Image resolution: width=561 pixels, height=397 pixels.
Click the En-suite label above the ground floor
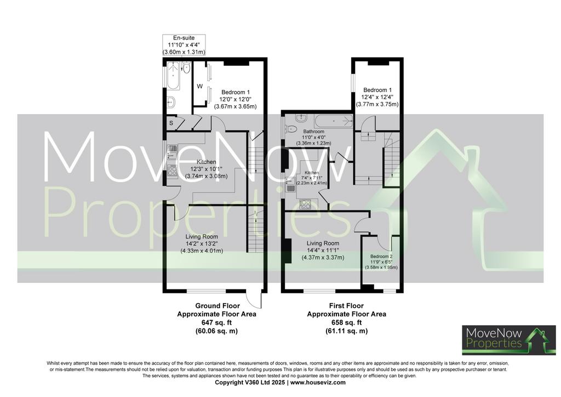(x=184, y=38)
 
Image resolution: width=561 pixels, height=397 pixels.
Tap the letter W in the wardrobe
(x=199, y=86)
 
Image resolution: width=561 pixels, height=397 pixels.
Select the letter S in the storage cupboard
(x=171, y=123)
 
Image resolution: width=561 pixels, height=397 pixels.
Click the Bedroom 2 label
(x=381, y=256)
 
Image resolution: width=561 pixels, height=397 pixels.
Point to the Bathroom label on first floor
(x=314, y=132)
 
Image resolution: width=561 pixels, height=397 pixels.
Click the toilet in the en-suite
(x=186, y=67)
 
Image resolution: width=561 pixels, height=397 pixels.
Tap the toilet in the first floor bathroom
(x=291, y=128)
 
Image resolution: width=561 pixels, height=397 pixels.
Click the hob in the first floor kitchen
(x=305, y=204)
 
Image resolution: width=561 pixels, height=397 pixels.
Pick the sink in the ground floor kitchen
(x=171, y=151)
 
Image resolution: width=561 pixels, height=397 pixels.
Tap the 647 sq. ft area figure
(x=216, y=322)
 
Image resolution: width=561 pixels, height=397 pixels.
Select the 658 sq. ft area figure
(x=346, y=322)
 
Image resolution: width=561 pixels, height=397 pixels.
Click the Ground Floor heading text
(x=217, y=306)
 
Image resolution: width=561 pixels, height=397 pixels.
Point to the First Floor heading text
(x=346, y=306)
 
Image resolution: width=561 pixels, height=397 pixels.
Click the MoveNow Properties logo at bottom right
(x=509, y=340)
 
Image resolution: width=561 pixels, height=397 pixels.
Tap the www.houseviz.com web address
(x=318, y=382)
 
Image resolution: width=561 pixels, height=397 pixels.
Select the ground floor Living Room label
(x=202, y=237)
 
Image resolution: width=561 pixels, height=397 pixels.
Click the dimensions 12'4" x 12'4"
(x=377, y=97)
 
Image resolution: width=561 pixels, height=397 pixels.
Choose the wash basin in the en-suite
(x=171, y=103)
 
